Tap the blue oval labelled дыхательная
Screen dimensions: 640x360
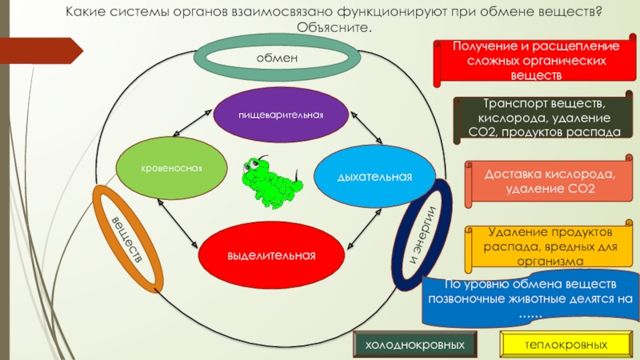pos(374,175)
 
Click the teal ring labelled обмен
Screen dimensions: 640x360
pos(277,57)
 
